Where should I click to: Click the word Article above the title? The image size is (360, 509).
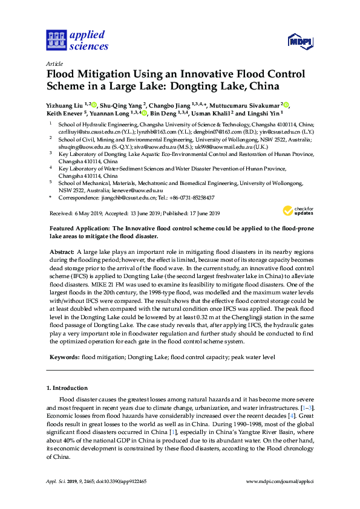pyautogui.click(x=54, y=63)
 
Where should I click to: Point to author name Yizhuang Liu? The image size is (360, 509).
pyautogui.click(x=65, y=104)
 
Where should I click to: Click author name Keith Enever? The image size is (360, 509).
pyautogui.click(x=65, y=113)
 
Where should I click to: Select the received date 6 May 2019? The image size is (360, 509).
pyautogui.click(x=88, y=213)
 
